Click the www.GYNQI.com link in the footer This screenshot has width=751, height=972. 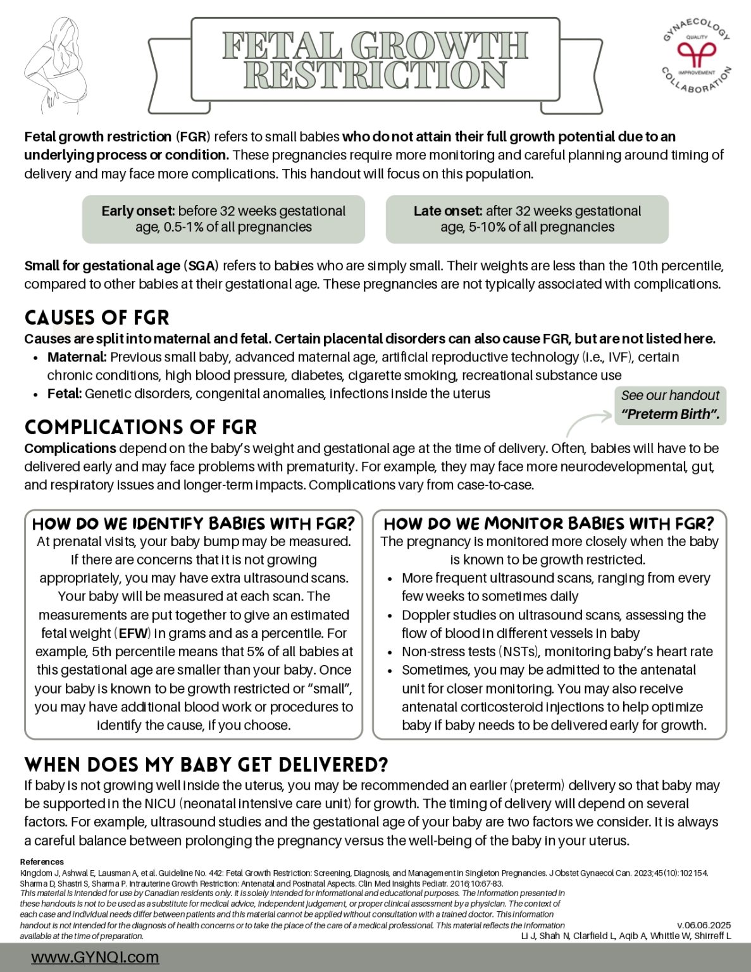(95, 957)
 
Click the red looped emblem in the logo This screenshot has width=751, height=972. (696, 54)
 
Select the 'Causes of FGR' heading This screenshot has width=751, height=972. (97, 318)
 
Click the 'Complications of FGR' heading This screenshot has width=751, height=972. (140, 427)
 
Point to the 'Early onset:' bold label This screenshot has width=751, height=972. (138, 211)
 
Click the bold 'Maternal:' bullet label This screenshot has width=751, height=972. (77, 357)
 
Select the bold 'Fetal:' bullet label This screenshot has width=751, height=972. (65, 394)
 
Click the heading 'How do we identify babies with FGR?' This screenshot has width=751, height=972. (193, 524)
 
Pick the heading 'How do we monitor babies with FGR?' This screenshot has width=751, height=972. (549, 524)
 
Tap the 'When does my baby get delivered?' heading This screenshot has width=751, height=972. (206, 764)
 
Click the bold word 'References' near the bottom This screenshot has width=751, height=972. (42, 862)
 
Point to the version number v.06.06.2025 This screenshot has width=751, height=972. (704, 925)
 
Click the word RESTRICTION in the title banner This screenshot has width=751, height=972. (375, 75)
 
